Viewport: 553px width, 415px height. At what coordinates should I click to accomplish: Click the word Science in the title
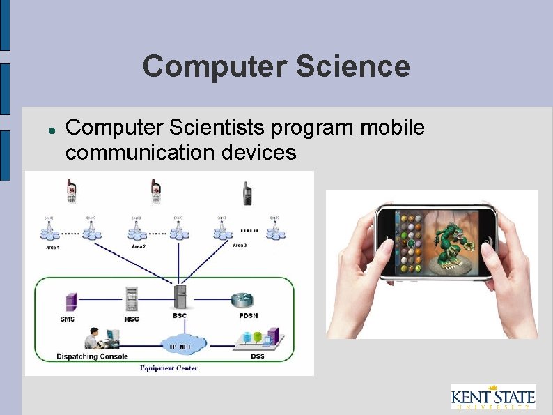(x=352, y=67)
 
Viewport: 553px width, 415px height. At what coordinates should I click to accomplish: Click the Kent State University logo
(x=493, y=398)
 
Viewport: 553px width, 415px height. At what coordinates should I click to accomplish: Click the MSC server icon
(x=131, y=299)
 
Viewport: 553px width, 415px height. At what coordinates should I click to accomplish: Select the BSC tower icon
(x=180, y=296)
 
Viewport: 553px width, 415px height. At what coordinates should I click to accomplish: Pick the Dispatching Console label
(x=92, y=356)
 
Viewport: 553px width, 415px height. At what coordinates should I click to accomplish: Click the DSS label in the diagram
(x=257, y=356)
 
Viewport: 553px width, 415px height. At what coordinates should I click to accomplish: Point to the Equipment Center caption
(x=169, y=368)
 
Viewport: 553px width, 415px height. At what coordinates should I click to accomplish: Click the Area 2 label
(x=139, y=246)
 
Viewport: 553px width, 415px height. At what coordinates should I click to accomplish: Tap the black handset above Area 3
(x=247, y=193)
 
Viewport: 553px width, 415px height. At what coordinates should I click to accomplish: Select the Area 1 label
(x=52, y=248)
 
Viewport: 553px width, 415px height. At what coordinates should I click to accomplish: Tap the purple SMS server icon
(x=70, y=302)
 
